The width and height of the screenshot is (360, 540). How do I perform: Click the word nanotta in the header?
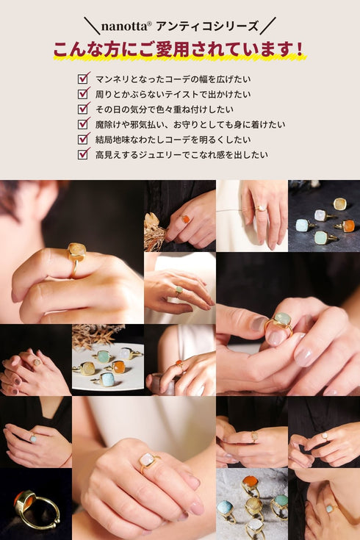point(124,26)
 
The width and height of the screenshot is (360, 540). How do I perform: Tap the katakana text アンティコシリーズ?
point(206,26)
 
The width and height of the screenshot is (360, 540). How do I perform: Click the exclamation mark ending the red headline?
point(299,49)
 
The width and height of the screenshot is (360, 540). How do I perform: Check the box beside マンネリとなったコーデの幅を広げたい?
point(83,78)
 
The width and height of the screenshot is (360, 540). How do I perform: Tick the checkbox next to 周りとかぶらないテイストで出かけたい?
point(83,93)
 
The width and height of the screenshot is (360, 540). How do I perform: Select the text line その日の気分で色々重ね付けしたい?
point(165,109)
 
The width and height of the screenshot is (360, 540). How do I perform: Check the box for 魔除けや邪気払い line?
point(83,123)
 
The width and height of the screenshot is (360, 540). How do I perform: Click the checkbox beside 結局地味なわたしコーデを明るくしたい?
point(83,138)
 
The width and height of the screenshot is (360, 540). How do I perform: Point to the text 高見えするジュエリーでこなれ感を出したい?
point(181,154)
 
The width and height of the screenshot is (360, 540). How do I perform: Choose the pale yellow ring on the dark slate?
point(340,204)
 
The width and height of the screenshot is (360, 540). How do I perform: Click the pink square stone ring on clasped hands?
point(148,460)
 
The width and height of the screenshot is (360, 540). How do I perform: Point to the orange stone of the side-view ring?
point(20,499)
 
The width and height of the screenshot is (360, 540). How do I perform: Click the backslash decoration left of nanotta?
point(93,26)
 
